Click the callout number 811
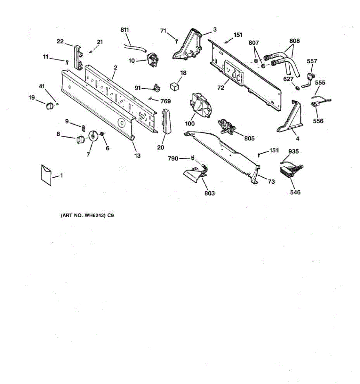tap(124, 30)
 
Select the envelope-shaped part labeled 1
tap(46, 175)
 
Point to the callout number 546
tap(295, 192)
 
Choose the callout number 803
tap(210, 193)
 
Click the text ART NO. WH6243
tap(83, 216)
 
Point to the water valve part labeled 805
tap(226, 126)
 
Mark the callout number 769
tap(165, 101)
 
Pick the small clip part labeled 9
tap(83, 128)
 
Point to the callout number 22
tap(60, 41)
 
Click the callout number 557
tap(312, 61)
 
